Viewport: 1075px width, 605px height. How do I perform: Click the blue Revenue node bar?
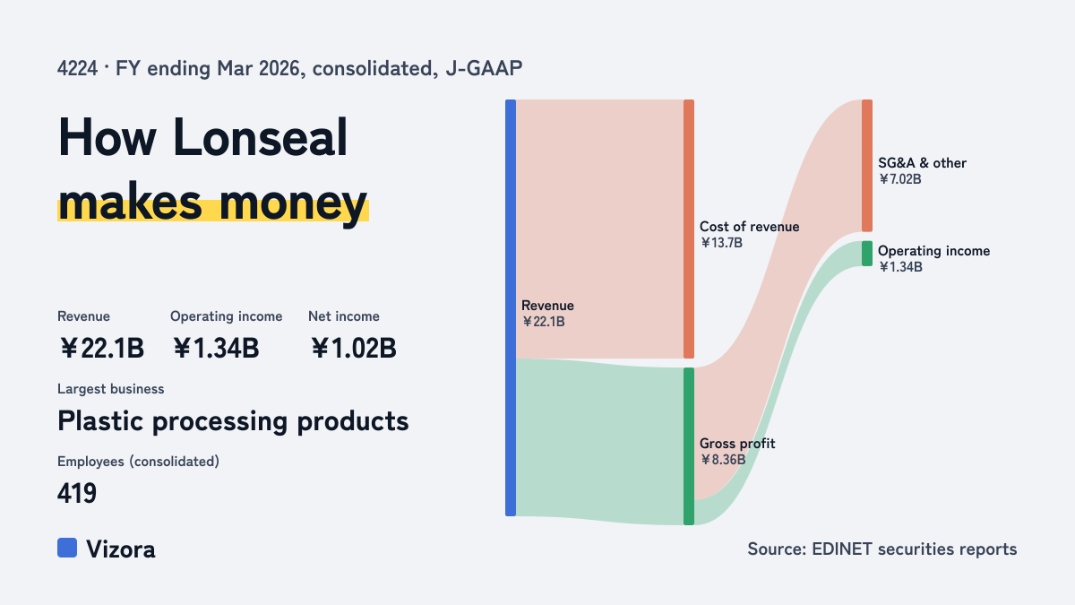click(511, 307)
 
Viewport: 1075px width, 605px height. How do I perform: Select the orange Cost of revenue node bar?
click(689, 229)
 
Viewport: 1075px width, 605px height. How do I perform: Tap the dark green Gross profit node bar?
click(689, 446)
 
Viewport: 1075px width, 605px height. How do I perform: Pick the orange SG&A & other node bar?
click(867, 166)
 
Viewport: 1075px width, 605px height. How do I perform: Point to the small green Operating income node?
click(867, 254)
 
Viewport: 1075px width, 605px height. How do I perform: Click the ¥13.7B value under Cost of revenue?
click(721, 243)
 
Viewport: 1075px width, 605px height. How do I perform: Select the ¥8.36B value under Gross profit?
click(723, 460)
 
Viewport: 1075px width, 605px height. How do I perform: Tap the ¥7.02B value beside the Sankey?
click(899, 179)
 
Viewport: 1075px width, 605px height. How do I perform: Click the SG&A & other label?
click(922, 163)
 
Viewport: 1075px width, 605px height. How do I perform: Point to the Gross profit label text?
click(737, 444)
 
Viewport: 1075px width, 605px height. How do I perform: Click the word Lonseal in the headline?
click(260, 137)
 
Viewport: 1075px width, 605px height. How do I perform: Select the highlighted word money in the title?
click(293, 203)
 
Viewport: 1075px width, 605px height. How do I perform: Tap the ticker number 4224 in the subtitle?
click(77, 69)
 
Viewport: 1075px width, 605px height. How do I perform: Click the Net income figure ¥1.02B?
click(354, 348)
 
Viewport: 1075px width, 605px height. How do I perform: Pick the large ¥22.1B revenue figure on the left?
click(102, 348)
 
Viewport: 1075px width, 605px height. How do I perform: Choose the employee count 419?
click(77, 493)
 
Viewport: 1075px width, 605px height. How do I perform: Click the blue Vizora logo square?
click(67, 548)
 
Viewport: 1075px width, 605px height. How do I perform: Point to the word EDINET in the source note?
click(842, 549)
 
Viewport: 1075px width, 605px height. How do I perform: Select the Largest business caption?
click(111, 389)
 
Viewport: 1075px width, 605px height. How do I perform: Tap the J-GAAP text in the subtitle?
click(484, 69)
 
